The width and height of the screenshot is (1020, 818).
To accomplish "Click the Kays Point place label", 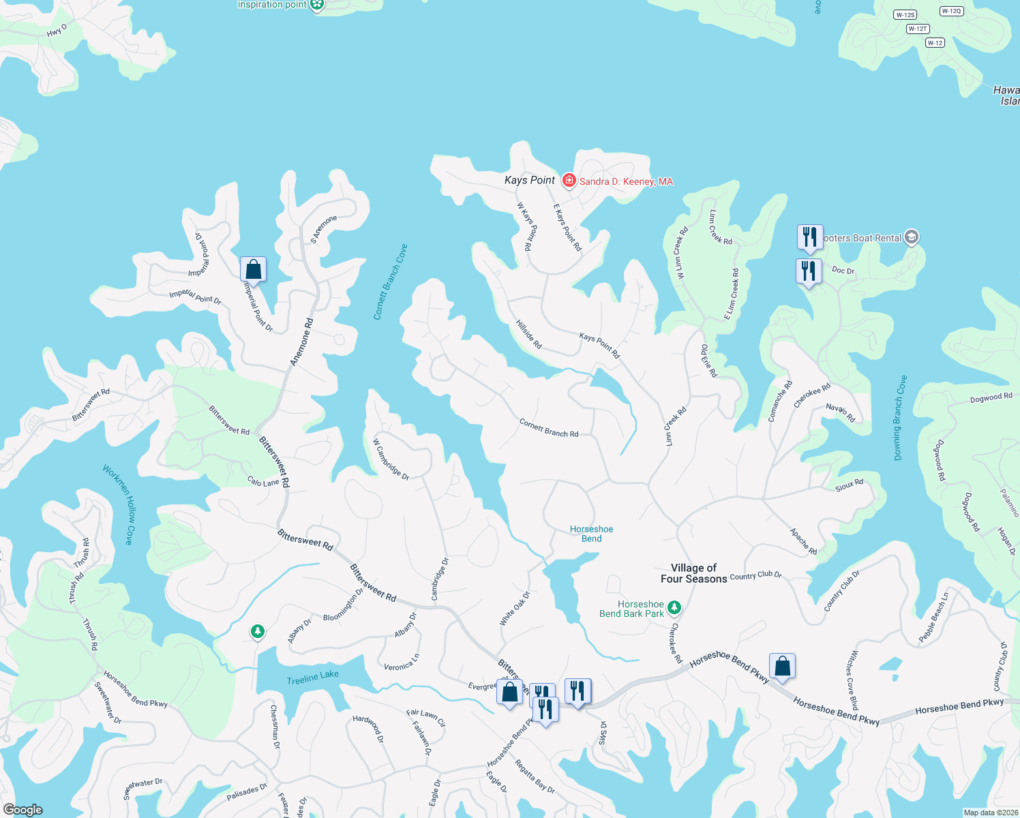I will [x=529, y=180].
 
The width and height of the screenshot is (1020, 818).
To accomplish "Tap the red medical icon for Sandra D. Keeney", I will [x=569, y=181].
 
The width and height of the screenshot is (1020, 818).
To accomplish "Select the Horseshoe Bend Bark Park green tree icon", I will [x=674, y=607].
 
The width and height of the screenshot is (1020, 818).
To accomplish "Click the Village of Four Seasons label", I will [x=693, y=573].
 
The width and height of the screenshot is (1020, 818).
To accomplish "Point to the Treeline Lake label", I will [x=312, y=678].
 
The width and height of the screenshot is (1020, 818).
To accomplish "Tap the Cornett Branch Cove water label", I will [x=390, y=282].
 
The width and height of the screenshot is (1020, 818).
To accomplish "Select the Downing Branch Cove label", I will [x=901, y=418].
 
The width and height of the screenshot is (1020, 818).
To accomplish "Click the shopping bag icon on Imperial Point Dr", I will [x=253, y=269].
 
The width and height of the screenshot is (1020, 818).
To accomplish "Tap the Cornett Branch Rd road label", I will [x=548, y=427].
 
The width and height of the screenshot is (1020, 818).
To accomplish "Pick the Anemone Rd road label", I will [x=302, y=342].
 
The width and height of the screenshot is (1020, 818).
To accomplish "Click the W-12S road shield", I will [x=905, y=15].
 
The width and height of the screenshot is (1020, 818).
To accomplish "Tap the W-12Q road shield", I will [x=950, y=11].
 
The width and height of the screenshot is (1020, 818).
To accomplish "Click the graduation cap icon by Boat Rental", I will [x=912, y=237].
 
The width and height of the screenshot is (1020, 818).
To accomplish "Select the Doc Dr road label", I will [x=843, y=270].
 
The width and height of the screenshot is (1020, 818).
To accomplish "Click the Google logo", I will [x=22, y=810].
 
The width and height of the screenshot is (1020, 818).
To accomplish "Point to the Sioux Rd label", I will [x=849, y=485].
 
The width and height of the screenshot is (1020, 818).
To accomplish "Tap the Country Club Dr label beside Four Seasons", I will [x=755, y=575].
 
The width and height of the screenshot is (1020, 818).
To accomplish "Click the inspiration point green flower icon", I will [x=316, y=5].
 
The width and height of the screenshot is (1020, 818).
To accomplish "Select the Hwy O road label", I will [x=57, y=31].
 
